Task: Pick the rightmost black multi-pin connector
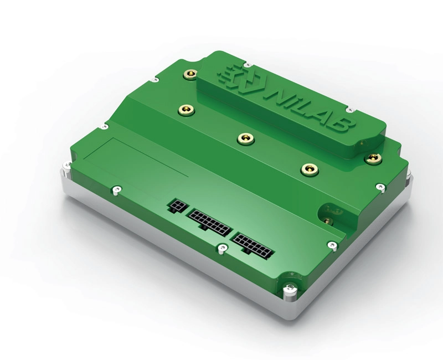coord(253,245)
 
